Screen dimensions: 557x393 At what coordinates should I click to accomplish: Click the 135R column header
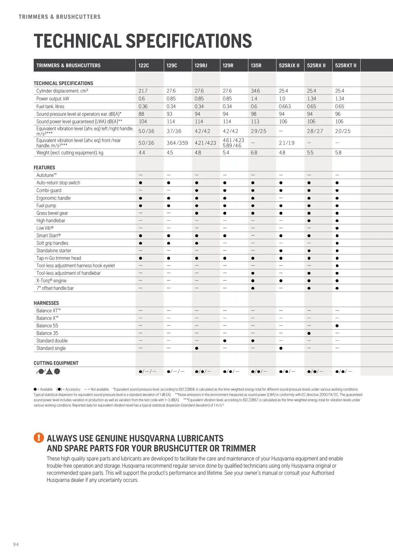click(x=256, y=66)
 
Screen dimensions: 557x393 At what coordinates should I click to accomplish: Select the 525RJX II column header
click(x=289, y=66)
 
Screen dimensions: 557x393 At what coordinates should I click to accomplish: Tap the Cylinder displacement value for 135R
click(x=255, y=91)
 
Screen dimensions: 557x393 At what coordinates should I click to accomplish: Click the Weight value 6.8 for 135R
click(x=254, y=153)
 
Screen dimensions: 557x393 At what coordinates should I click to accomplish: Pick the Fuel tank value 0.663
click(x=285, y=107)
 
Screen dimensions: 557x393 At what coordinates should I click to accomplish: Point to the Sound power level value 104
click(x=143, y=121)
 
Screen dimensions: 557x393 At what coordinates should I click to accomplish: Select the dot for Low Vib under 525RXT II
click(x=337, y=228)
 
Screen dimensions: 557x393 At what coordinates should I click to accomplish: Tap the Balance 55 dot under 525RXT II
click(x=337, y=326)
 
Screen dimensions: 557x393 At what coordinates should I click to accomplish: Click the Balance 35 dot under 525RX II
click(x=309, y=333)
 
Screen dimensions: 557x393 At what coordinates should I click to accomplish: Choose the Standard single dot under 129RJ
click(x=196, y=348)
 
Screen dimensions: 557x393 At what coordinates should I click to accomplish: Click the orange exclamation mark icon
click(x=39, y=438)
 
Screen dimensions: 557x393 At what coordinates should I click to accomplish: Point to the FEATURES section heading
click(x=44, y=168)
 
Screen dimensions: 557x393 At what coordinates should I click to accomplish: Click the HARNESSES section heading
click(x=46, y=303)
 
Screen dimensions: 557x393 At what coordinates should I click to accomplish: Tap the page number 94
click(x=16, y=544)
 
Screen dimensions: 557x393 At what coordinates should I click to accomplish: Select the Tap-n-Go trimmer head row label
click(x=58, y=258)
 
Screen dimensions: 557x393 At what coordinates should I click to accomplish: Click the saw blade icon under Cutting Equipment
click(x=57, y=371)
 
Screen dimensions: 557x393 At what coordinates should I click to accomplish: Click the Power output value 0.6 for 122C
click(x=141, y=99)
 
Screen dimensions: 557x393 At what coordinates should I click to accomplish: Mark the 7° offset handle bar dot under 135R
click(x=253, y=288)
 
